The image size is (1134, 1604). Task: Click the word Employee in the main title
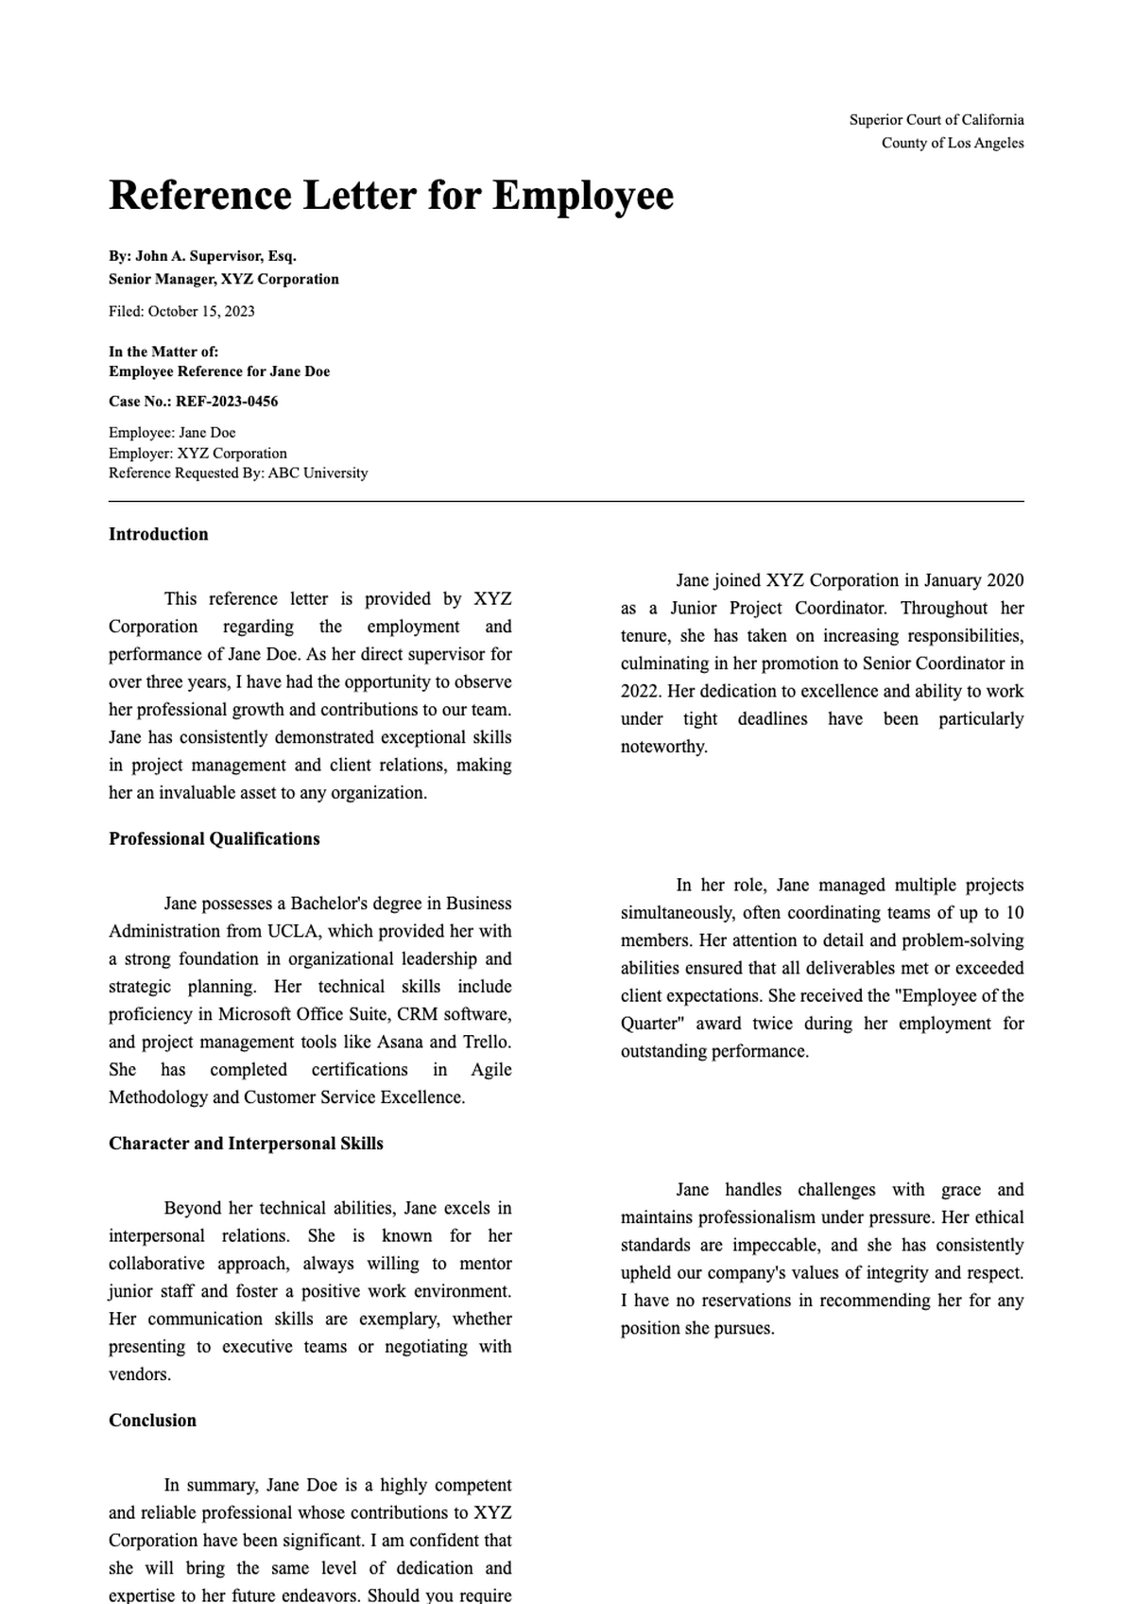click(583, 197)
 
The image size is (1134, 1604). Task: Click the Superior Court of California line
click(936, 120)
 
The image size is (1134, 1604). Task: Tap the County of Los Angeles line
click(952, 144)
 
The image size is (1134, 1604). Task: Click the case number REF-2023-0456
click(227, 402)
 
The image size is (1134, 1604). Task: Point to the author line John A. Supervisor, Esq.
click(202, 256)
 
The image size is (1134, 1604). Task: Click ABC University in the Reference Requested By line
click(318, 474)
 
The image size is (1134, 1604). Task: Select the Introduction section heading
click(158, 535)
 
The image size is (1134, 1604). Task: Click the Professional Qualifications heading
click(214, 839)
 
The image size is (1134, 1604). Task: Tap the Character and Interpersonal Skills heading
click(246, 1144)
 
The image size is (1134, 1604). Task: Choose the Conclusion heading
click(152, 1421)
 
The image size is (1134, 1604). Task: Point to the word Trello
click(486, 1043)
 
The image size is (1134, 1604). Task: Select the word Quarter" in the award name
click(652, 1025)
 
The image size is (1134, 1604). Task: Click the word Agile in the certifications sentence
click(490, 1070)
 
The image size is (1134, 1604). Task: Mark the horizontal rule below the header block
click(566, 502)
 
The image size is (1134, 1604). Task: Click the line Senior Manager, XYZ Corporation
click(223, 280)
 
